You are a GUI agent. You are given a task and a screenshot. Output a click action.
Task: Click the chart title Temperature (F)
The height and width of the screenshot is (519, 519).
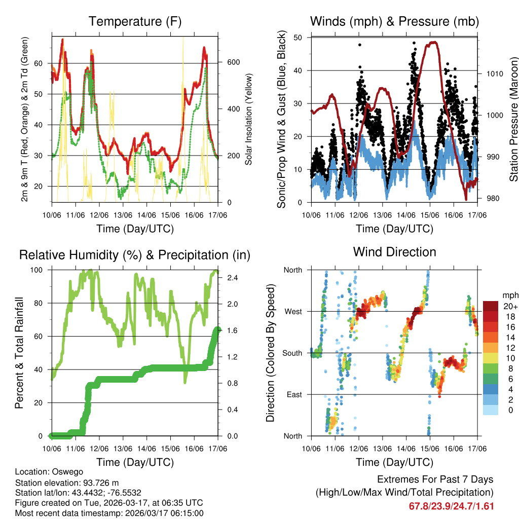pyautogui.click(x=135, y=22)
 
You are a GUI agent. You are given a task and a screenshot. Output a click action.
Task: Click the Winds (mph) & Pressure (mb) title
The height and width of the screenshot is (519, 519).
pyautogui.click(x=394, y=22)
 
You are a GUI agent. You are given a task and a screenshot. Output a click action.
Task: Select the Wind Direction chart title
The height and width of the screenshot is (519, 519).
pyautogui.click(x=394, y=252)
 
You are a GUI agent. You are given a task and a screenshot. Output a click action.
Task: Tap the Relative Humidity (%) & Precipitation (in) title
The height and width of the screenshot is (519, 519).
pyautogui.click(x=135, y=255)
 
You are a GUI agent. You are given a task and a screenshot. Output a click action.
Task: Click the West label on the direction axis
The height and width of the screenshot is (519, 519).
pyautogui.click(x=292, y=312)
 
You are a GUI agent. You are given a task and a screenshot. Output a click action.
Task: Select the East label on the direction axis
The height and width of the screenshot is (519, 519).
pyautogui.click(x=293, y=394)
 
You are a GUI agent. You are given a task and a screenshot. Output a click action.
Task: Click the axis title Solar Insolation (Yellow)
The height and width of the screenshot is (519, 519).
pyautogui.click(x=249, y=120)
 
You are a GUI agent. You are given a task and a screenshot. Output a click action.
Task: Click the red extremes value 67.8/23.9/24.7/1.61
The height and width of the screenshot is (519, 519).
pyautogui.click(x=451, y=506)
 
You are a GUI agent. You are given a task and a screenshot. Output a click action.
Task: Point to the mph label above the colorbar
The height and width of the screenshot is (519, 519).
pyautogui.click(x=509, y=295)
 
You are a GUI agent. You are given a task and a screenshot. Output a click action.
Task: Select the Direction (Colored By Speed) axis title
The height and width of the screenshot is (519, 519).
pyautogui.click(x=270, y=353)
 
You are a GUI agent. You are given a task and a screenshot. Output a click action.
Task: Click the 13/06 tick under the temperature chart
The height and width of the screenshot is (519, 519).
pyautogui.click(x=123, y=215)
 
